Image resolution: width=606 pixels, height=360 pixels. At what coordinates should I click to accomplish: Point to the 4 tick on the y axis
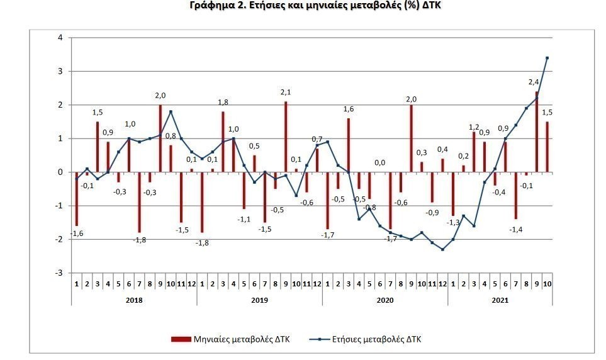pyautogui.click(x=60, y=38)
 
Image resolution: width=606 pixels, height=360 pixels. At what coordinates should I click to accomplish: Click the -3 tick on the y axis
pyautogui.click(x=59, y=273)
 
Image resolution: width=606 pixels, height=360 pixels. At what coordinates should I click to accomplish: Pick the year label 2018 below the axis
pyautogui.click(x=134, y=300)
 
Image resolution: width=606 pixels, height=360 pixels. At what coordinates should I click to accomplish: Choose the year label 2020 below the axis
pyautogui.click(x=385, y=300)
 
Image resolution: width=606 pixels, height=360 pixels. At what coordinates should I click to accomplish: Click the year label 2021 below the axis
pyautogui.click(x=500, y=300)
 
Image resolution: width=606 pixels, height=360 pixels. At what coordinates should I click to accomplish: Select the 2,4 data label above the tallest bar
pyautogui.click(x=532, y=82)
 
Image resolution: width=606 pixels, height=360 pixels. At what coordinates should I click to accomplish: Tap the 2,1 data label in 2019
pyautogui.click(x=286, y=93)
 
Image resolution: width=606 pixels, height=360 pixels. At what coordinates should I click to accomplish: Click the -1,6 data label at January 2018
pyautogui.click(x=77, y=233)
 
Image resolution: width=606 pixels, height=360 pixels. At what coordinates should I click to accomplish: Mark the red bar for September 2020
pyautogui.click(x=412, y=138)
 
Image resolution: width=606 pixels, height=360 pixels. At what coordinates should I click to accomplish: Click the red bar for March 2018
pyautogui.click(x=98, y=147)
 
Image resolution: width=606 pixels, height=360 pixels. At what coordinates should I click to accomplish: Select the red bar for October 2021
pyautogui.click(x=547, y=147)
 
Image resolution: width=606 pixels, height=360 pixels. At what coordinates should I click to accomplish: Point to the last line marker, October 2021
pyautogui.click(x=547, y=58)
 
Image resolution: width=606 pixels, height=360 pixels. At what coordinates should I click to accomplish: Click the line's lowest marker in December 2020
pyautogui.click(x=442, y=249)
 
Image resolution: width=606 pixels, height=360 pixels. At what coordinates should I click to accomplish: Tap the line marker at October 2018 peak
pyautogui.click(x=171, y=111)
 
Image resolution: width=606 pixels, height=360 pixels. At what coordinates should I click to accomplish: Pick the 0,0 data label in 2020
pyautogui.click(x=380, y=163)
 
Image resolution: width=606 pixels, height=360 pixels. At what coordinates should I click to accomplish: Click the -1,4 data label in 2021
pyautogui.click(x=516, y=229)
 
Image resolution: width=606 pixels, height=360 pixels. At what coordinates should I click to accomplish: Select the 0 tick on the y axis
pyautogui.click(x=60, y=172)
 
